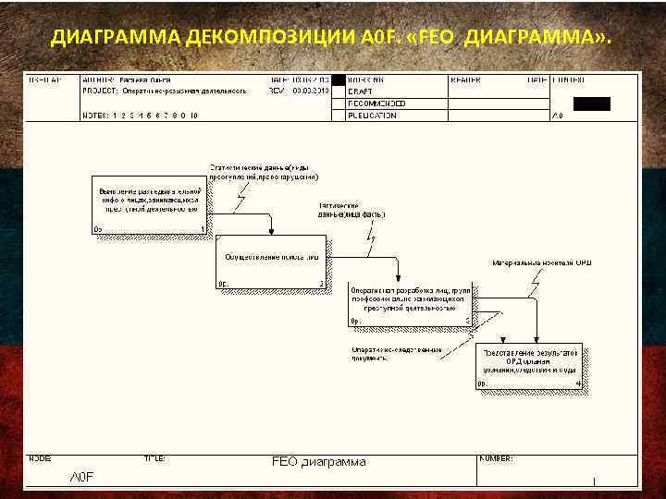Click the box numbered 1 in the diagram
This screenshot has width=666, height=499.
(x=148, y=203)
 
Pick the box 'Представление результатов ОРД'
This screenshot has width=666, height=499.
(x=530, y=366)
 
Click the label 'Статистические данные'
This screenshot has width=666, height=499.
(x=264, y=171)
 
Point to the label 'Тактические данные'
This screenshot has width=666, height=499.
(x=351, y=210)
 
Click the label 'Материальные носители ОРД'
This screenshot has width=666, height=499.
(x=541, y=263)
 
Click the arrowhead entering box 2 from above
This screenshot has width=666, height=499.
(x=271, y=232)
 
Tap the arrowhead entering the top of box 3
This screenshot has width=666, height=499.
(x=398, y=278)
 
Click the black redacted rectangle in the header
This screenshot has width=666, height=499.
(x=592, y=103)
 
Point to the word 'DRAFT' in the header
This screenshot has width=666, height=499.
(x=361, y=91)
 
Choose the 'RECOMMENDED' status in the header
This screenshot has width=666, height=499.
(x=376, y=103)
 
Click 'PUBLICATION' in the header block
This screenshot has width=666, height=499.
(x=373, y=116)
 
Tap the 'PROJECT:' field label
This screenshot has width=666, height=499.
(x=99, y=91)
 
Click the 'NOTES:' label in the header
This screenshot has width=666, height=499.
(x=94, y=116)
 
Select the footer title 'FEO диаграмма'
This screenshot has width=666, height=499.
(x=318, y=461)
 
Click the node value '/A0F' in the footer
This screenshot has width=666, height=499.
(x=83, y=476)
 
